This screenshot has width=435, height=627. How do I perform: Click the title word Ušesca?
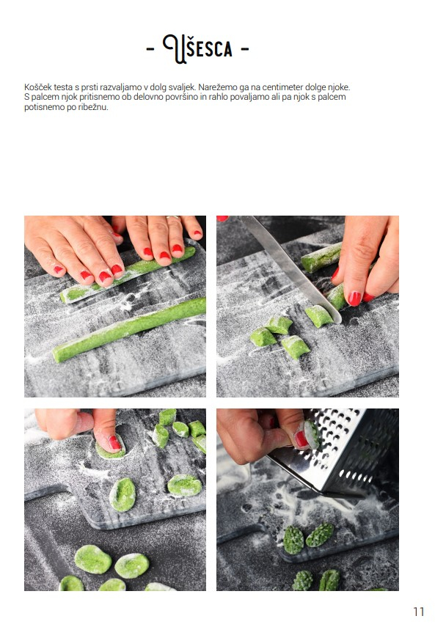(x=197, y=48)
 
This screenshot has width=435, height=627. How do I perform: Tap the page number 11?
(x=419, y=612)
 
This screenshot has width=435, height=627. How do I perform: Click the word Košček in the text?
(x=37, y=87)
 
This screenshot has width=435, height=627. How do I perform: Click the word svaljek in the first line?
(x=182, y=87)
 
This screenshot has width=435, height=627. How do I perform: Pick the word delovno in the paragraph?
(x=149, y=98)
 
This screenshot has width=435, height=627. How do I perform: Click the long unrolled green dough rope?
(x=129, y=329)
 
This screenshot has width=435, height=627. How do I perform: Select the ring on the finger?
(x=172, y=217)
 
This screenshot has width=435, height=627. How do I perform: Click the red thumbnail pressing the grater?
(x=301, y=439)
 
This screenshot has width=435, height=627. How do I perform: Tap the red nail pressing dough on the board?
(x=114, y=443)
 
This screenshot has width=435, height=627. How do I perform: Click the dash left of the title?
(x=150, y=49)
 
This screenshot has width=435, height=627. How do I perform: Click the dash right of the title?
(x=245, y=49)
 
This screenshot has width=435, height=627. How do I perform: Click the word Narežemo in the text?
(x=215, y=87)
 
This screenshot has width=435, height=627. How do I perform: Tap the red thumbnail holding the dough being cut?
(x=354, y=298)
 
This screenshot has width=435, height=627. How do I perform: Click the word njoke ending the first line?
(x=339, y=87)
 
